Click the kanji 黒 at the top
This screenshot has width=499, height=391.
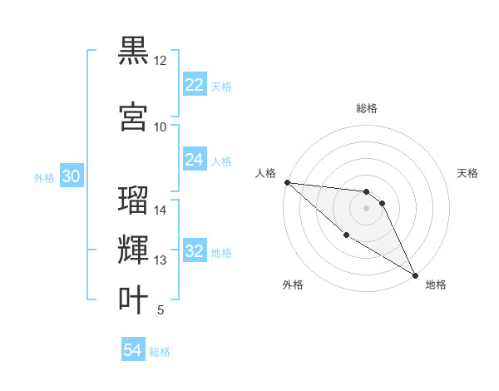[133, 51]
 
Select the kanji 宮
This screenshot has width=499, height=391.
[133, 116]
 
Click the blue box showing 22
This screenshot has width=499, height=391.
[195, 85]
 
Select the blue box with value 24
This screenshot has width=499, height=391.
[195, 160]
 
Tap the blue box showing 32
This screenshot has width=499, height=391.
[195, 251]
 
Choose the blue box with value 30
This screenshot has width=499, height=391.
[71, 176]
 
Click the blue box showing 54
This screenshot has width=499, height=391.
[133, 351]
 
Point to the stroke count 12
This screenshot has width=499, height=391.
[160, 62]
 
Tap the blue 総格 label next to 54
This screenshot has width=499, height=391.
[160, 353]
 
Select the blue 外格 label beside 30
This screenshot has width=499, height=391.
[44, 178]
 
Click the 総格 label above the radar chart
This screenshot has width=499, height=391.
[367, 108]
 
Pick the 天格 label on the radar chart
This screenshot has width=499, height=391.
[468, 173]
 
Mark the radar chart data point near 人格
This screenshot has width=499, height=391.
[287, 182]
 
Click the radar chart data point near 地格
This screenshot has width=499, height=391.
[415, 275]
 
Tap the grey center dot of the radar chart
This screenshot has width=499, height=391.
[367, 207]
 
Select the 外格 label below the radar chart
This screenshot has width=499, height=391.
[293, 285]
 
